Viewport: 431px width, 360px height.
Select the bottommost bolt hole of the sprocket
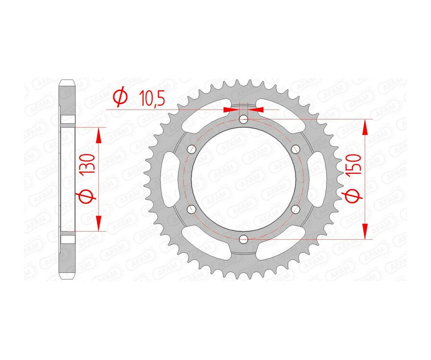tap(244, 239)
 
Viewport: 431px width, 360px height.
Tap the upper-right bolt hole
tap(295, 148)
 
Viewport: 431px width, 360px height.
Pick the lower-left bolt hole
tap(192, 209)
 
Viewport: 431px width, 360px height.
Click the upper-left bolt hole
tap(192, 148)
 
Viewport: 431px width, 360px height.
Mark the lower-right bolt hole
tap(295, 209)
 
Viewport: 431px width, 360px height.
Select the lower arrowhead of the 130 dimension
tap(99, 223)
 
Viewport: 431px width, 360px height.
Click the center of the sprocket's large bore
tap(244, 179)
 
